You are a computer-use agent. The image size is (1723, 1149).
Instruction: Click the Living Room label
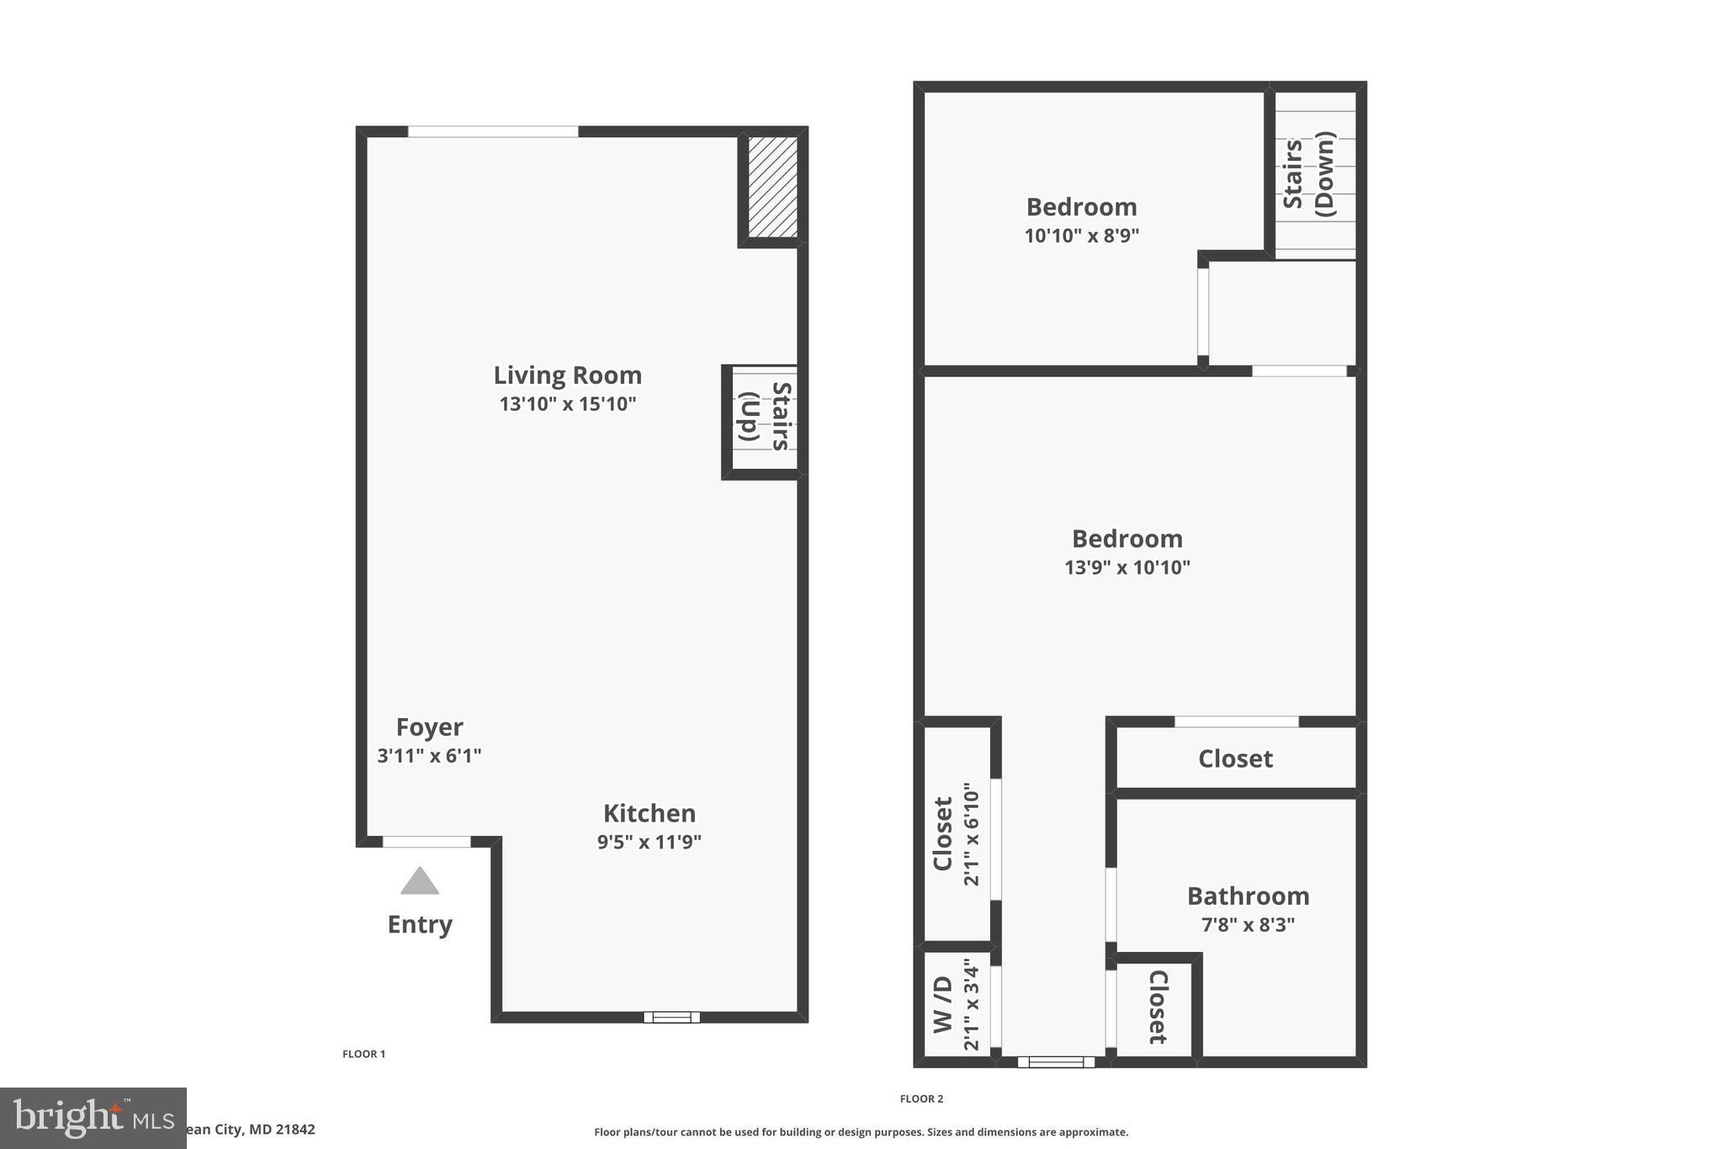(567, 375)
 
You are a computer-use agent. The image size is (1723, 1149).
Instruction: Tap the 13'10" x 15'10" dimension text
(567, 404)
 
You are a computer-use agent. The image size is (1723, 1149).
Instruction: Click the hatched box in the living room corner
(772, 187)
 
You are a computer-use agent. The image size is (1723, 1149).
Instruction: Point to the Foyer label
(429, 727)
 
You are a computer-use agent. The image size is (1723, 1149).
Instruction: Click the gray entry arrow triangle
(420, 882)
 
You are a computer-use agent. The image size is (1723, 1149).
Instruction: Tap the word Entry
(420, 924)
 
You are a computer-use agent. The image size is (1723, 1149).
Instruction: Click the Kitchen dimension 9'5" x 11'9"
(649, 842)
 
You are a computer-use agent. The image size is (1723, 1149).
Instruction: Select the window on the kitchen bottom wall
(671, 1017)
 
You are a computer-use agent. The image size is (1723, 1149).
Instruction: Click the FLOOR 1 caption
(363, 1054)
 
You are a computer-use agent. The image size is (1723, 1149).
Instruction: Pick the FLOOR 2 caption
(921, 1098)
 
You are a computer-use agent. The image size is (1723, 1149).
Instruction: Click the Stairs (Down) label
(1308, 174)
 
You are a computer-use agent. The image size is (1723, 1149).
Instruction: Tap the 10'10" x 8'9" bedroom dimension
(1081, 236)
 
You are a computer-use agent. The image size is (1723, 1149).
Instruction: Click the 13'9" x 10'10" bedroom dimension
(1127, 567)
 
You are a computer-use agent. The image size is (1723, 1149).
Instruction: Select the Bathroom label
(1248, 896)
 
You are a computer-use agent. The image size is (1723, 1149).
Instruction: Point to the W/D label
(942, 1004)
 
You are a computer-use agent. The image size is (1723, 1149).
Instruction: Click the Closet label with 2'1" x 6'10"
(942, 833)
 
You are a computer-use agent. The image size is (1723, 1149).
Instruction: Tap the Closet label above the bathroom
(1235, 758)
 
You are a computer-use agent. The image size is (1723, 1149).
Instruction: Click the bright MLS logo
(93, 1118)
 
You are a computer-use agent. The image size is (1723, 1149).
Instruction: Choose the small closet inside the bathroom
(1158, 1008)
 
